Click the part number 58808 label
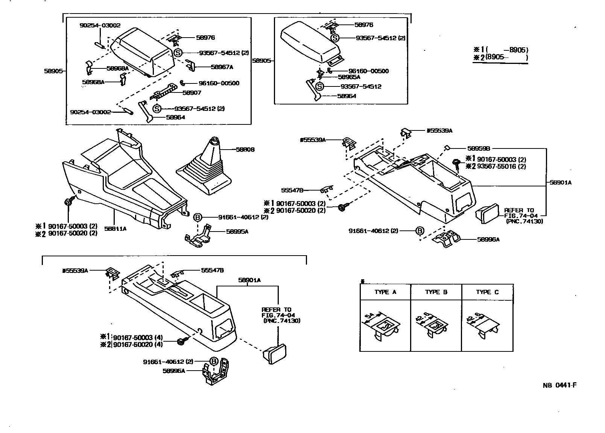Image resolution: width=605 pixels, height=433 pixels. [245, 150]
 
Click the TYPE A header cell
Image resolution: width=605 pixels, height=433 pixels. [385, 292]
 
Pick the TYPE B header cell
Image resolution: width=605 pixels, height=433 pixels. [436, 292]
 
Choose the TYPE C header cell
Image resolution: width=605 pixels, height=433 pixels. [487, 292]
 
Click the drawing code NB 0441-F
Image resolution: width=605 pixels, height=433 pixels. [559, 385]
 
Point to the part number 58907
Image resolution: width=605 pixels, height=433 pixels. [192, 92]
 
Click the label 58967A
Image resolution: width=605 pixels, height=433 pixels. [222, 67]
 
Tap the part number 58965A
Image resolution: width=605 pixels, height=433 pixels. [349, 77]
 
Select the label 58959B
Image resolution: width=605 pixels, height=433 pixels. [478, 148]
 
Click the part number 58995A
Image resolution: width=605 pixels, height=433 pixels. [237, 232]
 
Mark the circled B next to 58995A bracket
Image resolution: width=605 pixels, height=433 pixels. [198, 217]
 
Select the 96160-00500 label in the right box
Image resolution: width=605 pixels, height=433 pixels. [368, 71]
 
